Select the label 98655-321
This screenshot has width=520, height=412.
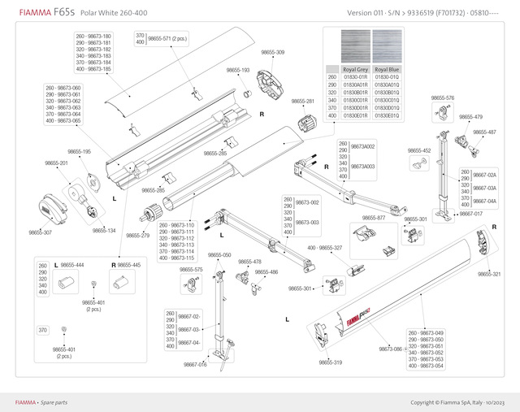(489, 274)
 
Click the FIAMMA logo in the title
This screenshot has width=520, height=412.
(29, 13)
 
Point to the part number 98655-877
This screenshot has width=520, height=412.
(375, 219)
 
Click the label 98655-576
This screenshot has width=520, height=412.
(443, 98)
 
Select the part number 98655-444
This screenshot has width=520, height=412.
(73, 265)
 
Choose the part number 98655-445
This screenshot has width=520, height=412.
(129, 265)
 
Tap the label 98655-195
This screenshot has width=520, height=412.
(79, 152)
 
